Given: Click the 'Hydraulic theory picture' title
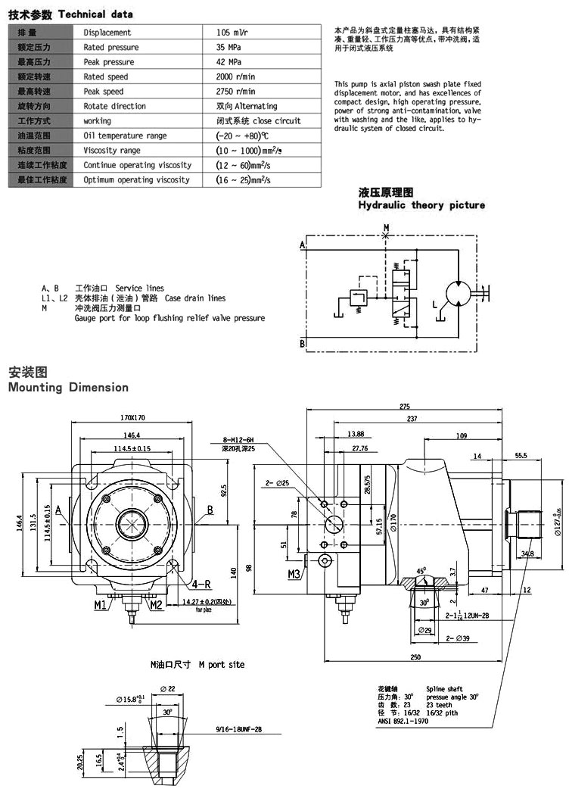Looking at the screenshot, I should [x=421, y=205].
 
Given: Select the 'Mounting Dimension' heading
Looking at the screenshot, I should [x=68, y=388].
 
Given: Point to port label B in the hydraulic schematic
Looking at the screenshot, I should [x=302, y=344].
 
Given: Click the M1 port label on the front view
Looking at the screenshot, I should [x=101, y=604].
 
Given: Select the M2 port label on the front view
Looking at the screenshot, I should [x=156, y=604].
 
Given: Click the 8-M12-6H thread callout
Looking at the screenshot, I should [x=241, y=439].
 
